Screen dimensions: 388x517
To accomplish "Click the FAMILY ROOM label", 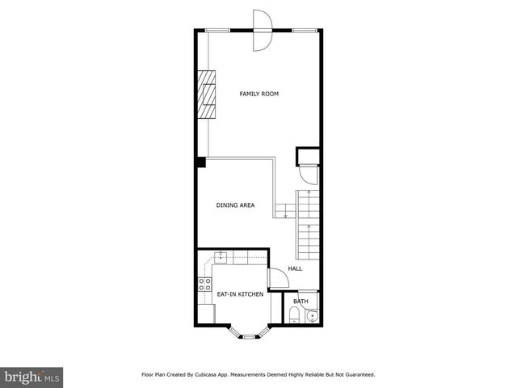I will [258, 95].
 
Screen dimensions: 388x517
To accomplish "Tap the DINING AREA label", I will [235, 205].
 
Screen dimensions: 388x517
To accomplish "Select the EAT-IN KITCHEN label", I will [240, 294].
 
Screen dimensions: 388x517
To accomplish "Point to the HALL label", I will [295, 269].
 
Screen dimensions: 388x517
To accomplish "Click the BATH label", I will [301, 302].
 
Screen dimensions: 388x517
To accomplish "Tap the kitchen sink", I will [220, 257].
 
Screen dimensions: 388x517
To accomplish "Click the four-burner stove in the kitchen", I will [203, 284].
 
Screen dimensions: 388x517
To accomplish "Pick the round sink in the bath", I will [313, 316].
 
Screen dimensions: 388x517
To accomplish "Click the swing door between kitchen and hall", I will [276, 277].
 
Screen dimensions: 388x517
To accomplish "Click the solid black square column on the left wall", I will [201, 162].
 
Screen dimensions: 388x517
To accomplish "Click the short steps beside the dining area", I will [284, 211].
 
